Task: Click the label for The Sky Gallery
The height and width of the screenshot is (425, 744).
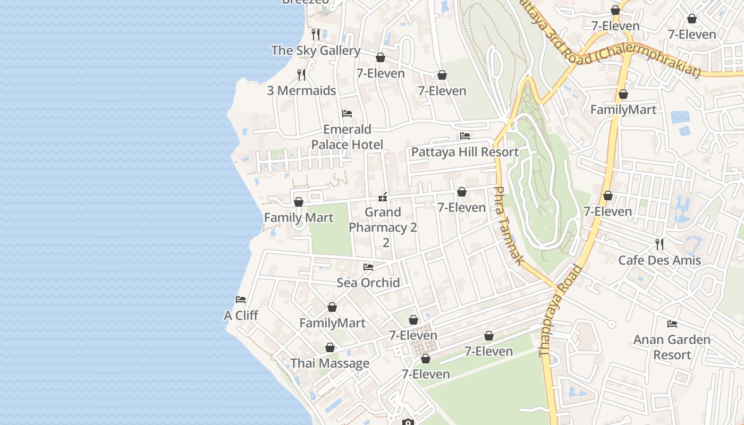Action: [316, 50]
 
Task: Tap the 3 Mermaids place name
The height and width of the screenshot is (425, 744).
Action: [301, 90]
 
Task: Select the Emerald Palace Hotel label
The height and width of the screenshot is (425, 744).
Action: [347, 137]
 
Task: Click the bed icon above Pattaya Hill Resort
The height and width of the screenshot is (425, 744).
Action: [465, 136]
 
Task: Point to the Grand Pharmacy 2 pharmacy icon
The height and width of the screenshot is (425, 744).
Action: [382, 198]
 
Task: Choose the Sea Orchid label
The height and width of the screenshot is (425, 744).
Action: [368, 283]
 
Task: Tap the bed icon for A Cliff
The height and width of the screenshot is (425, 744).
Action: [241, 300]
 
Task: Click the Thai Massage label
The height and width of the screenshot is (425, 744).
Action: [329, 363]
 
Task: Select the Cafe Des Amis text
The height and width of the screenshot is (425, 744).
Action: [660, 260]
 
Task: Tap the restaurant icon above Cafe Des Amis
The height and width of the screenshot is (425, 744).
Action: [660, 244]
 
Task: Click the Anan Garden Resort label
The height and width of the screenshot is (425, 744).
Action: [672, 347]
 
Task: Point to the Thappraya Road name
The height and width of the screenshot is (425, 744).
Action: [560, 311]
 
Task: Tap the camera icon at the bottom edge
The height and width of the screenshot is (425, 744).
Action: [408, 422]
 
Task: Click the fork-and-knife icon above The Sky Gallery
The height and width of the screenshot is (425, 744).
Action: [316, 35]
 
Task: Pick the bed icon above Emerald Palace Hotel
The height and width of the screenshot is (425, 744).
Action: [347, 114]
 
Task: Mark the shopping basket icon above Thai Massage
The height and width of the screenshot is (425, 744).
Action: [330, 348]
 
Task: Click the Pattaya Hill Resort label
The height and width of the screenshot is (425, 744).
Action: [465, 152]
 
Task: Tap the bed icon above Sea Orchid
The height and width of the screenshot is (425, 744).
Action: [368, 267]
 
